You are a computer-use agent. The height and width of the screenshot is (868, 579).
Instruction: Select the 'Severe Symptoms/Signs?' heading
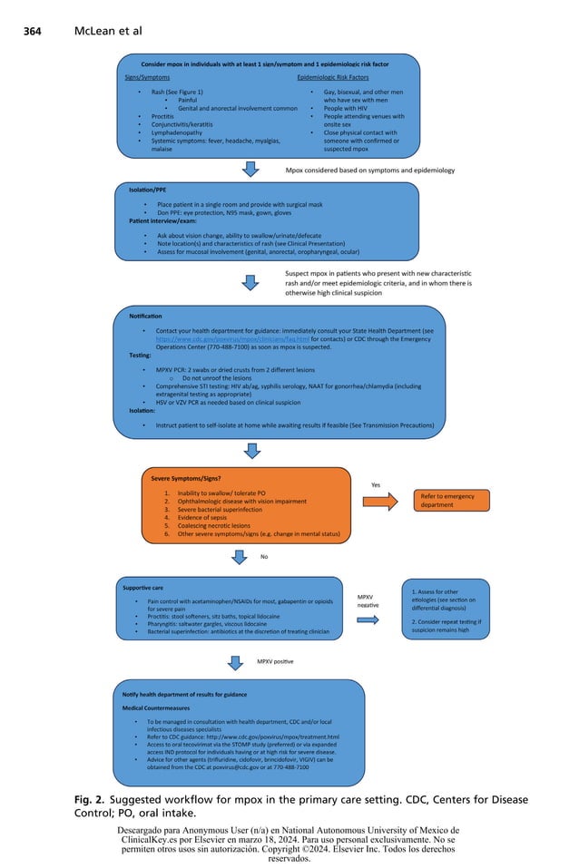click(x=186, y=477)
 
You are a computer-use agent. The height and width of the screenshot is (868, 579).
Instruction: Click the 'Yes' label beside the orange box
click(x=375, y=484)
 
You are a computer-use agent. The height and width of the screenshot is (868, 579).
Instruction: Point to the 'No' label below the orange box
click(x=264, y=556)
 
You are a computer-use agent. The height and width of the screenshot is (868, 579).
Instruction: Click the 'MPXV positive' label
click(x=274, y=661)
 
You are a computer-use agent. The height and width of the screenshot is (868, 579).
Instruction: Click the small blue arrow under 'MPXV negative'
click(x=368, y=619)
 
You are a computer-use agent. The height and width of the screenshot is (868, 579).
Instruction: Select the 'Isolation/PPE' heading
click(x=147, y=190)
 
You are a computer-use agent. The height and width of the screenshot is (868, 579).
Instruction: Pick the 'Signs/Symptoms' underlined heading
click(x=146, y=78)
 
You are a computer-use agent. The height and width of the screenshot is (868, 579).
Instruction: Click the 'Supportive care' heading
click(x=143, y=588)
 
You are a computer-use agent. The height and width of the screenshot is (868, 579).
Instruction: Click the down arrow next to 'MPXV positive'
click(x=235, y=662)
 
